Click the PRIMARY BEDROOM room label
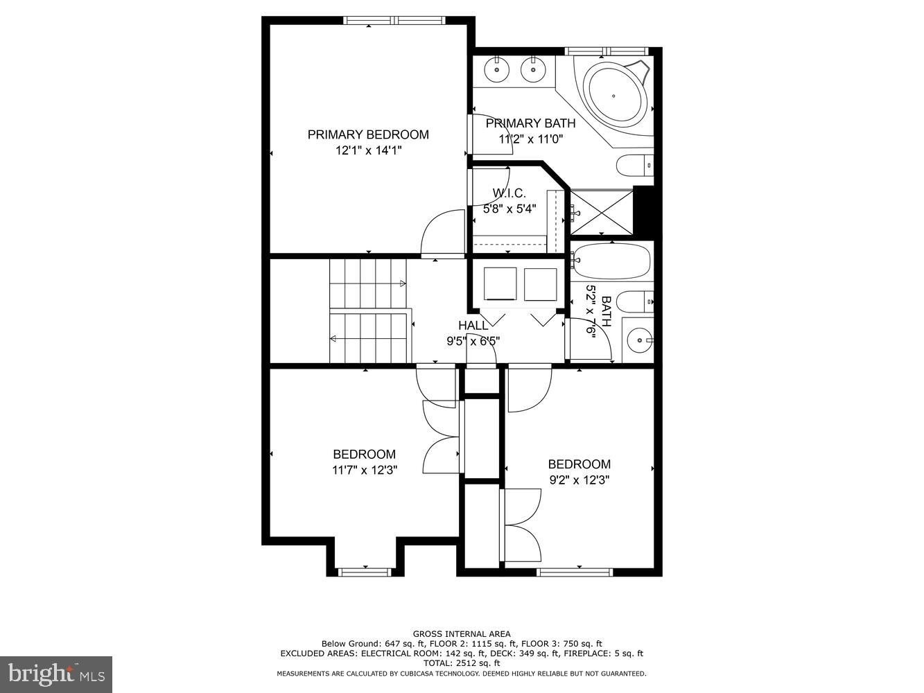pos(368,134)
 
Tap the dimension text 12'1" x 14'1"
pos(368,150)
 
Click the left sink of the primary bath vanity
pos(497,69)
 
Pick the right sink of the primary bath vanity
pos(532,69)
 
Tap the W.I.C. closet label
pos(509,193)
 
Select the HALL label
pos(473,326)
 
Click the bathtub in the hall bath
pos(611,261)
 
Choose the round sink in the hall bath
pos(638,340)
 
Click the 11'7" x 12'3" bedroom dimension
pos(364,470)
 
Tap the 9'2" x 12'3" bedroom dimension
pos(579,480)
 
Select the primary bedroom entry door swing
pos(442,234)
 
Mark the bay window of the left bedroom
pos(365,571)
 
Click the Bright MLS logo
pos(57,674)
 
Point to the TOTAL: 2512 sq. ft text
pos(462,663)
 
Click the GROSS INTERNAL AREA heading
pos(462,633)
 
